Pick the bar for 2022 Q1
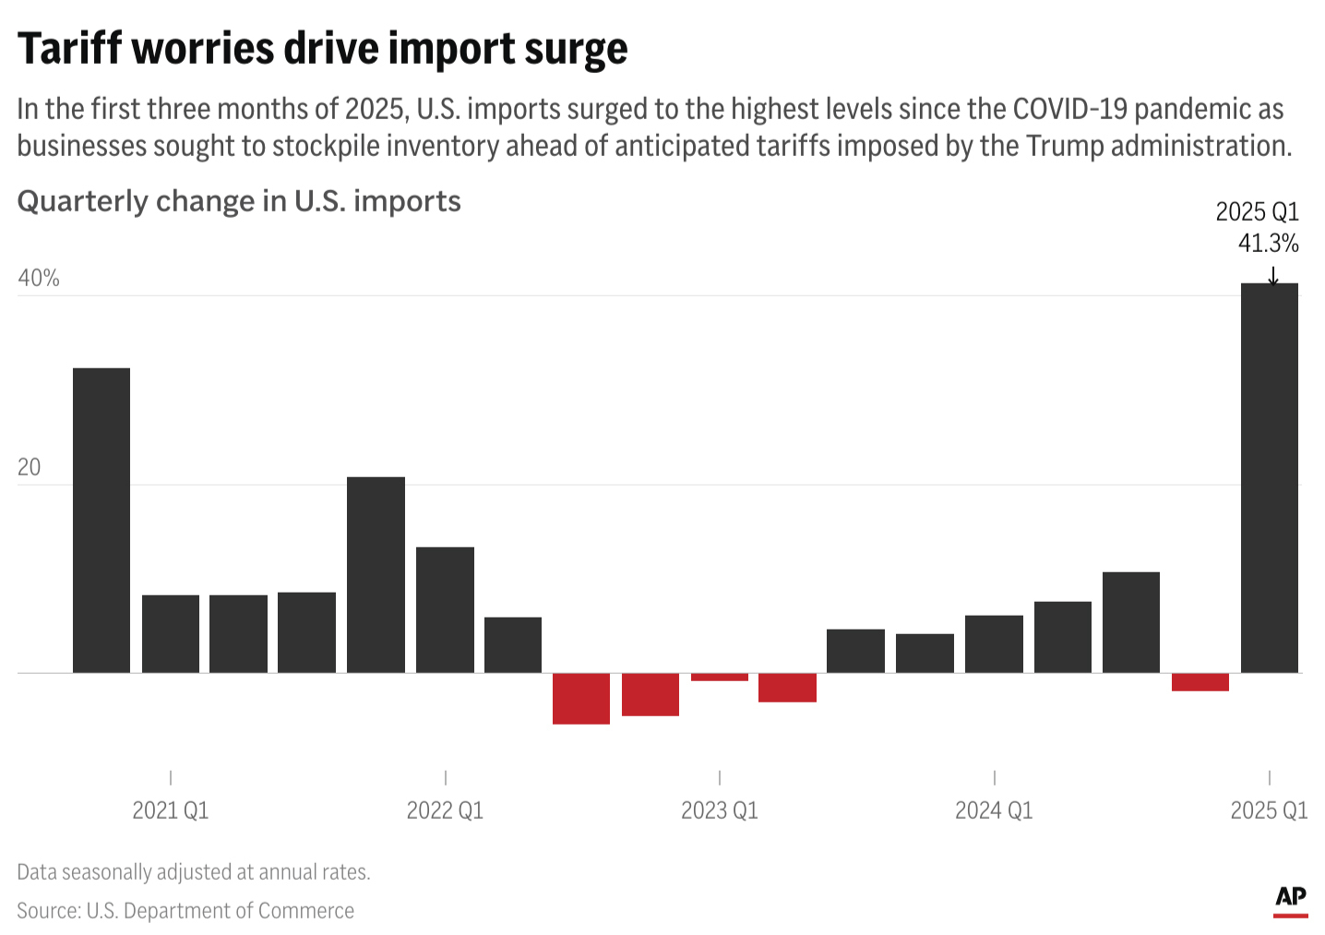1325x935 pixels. [x=445, y=610]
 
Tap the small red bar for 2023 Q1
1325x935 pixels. [x=720, y=677]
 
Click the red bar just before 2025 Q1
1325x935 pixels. [x=1200, y=682]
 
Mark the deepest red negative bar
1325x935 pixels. [x=581, y=699]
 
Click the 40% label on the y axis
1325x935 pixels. [x=39, y=279]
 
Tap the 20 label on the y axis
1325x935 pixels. [x=30, y=468]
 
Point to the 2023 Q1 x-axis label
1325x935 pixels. [x=720, y=810]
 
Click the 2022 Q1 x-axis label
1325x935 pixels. [x=445, y=810]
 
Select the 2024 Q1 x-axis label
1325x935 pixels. [x=994, y=810]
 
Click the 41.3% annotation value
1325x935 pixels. [x=1268, y=244]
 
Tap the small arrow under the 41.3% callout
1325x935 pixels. [x=1273, y=275]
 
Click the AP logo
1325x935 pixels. [x=1291, y=898]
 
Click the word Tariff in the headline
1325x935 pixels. [x=68, y=48]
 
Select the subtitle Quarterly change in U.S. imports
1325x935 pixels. [x=239, y=201]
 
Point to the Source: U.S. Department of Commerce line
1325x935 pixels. [x=185, y=911]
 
